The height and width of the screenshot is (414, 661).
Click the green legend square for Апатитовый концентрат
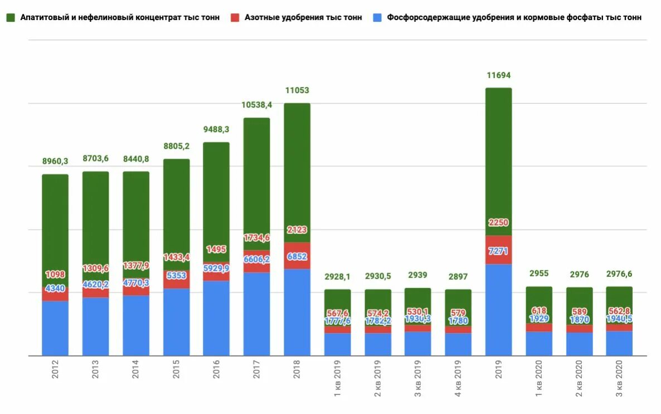tap(11, 17)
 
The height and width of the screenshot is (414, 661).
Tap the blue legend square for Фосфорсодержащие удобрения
tap(377, 17)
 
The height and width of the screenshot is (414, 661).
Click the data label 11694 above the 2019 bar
tap(498, 75)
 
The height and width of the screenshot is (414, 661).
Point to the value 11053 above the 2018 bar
tap(297, 90)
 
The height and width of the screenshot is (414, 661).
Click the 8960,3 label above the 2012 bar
tap(55, 162)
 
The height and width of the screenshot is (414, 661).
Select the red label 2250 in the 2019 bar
tap(498, 223)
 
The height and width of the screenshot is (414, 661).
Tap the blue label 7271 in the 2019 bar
tap(498, 252)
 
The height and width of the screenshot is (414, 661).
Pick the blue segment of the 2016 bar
tap(216, 318)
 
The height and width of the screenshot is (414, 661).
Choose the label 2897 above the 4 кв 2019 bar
tap(458, 277)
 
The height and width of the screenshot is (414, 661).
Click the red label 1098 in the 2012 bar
tap(55, 275)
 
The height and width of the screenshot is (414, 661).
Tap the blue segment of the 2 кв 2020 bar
tap(579, 344)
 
